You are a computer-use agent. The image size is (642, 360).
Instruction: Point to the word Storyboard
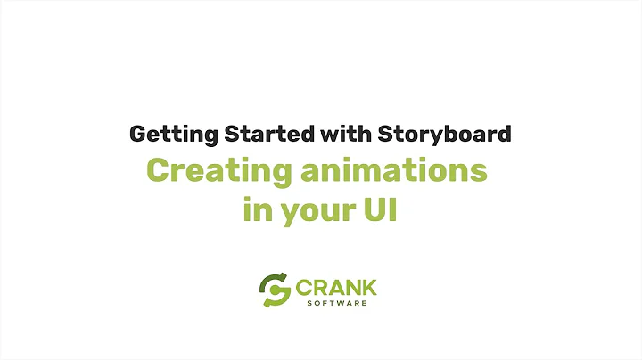[x=443, y=135]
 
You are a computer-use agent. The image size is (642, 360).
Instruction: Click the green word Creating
[x=206, y=171]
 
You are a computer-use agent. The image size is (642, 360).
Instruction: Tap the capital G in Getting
[x=139, y=135]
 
